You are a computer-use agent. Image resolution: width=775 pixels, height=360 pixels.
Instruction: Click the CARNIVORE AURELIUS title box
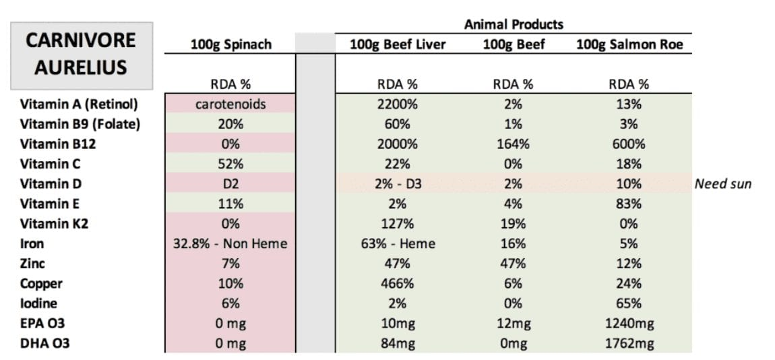[81, 55]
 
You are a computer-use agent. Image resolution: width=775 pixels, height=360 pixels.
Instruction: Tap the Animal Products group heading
[514, 24]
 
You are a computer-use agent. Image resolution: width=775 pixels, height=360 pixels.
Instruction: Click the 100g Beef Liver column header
[398, 44]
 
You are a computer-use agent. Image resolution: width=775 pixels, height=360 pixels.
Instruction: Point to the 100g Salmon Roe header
[629, 44]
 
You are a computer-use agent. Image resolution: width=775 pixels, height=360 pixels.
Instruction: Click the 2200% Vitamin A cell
[398, 104]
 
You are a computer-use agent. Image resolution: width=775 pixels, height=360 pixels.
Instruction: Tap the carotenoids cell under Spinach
[230, 104]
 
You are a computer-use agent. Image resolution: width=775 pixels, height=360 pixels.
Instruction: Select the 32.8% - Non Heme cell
[230, 244]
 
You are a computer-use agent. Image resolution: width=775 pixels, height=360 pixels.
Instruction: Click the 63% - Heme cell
[398, 244]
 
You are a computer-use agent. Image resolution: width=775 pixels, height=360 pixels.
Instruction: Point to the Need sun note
[722, 184]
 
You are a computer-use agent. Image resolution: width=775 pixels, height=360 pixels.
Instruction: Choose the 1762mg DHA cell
[629, 344]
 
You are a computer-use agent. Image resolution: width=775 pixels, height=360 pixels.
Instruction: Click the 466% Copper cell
[398, 284]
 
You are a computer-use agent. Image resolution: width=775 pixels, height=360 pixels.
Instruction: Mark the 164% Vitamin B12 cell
[514, 144]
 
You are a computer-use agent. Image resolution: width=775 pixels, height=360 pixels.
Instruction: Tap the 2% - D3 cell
[398, 184]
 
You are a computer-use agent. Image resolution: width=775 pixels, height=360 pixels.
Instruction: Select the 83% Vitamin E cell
[629, 204]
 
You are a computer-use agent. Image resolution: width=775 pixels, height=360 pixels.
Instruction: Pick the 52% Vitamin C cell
[230, 164]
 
